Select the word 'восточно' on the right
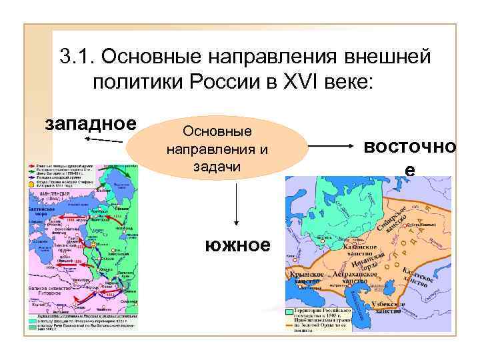409,147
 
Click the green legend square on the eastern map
289,311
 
